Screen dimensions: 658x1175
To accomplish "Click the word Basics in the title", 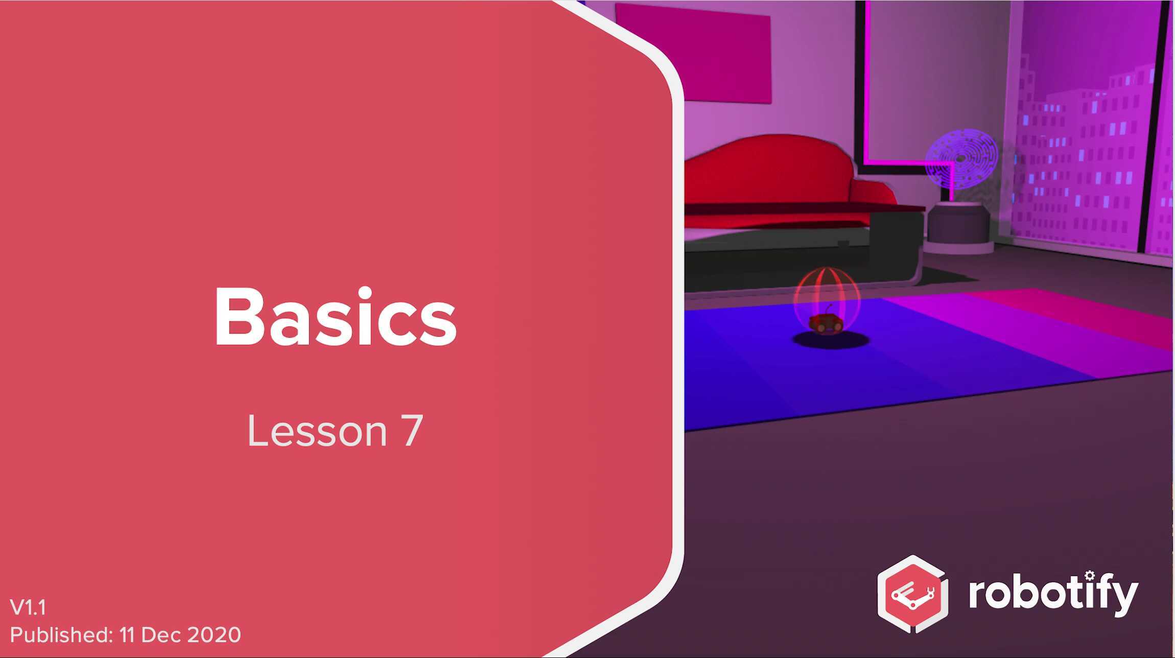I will click(x=335, y=317).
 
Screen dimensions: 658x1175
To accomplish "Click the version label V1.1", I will click(x=28, y=607).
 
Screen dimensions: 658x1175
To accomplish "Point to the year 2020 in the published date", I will click(x=214, y=635).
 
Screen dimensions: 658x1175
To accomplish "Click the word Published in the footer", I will click(x=60, y=635).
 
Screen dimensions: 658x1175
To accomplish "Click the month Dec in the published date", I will click(x=162, y=635).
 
